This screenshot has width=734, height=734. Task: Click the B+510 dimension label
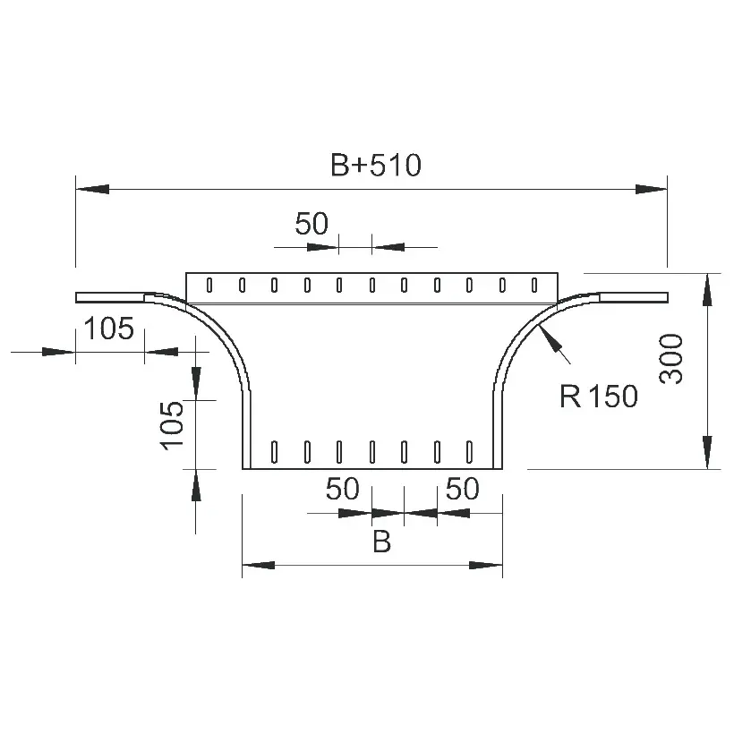(x=376, y=165)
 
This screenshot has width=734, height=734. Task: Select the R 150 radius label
(x=599, y=396)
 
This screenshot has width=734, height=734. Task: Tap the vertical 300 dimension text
(x=670, y=359)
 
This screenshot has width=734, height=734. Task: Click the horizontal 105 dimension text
(x=109, y=329)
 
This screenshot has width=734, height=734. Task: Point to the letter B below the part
(x=381, y=542)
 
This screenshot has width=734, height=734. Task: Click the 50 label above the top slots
(x=312, y=223)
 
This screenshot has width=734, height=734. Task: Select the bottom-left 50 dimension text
(x=343, y=488)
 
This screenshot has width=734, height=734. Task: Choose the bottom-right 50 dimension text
(x=463, y=488)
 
